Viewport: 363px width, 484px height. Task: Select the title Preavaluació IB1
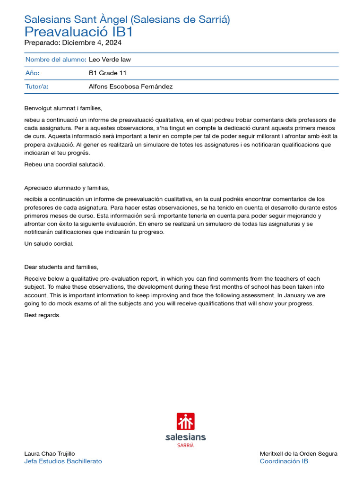78,32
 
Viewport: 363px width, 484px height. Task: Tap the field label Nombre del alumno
55,60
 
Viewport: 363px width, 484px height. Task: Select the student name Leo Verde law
110,60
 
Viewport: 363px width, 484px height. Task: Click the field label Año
32,73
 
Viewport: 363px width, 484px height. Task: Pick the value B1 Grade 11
107,73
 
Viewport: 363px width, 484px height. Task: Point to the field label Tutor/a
37,86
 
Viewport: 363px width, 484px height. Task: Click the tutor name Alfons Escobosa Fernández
130,86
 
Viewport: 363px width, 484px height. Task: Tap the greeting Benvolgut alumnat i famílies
63,108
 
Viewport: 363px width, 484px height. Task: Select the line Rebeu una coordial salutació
64,164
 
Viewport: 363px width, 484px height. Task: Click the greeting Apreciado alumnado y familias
67,188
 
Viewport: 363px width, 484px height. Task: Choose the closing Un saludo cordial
49,244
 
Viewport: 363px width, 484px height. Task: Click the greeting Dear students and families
61,267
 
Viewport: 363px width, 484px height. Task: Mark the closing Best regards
42,315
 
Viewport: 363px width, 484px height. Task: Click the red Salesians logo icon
185,421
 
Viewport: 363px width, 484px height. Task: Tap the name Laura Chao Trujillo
49,454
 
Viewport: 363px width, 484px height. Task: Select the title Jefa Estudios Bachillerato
63,461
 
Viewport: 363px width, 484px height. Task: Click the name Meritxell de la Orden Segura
298,454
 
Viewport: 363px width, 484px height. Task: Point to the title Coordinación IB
284,461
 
